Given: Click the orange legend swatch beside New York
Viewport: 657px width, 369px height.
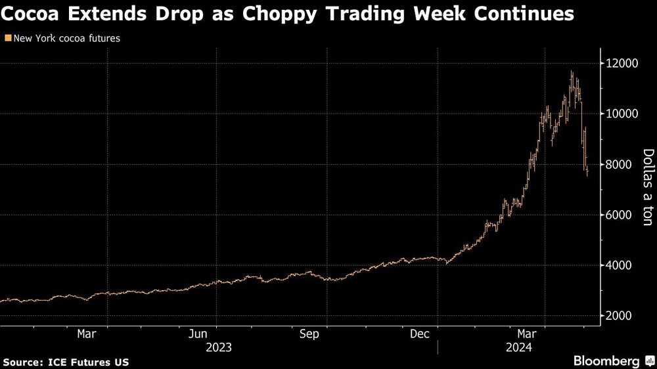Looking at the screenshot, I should pyautogui.click(x=7, y=39).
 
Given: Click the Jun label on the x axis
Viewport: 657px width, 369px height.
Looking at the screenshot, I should pyautogui.click(x=198, y=334).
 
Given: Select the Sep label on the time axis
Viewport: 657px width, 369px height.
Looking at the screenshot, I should pyautogui.click(x=309, y=334).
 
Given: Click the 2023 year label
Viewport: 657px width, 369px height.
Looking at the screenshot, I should pyautogui.click(x=219, y=347).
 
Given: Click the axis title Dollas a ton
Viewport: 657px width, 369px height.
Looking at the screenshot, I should pyautogui.click(x=648, y=188).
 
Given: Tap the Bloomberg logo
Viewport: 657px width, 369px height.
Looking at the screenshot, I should pyautogui.click(x=607, y=360).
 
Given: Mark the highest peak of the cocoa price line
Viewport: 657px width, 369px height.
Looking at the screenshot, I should pyautogui.click(x=572, y=72).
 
